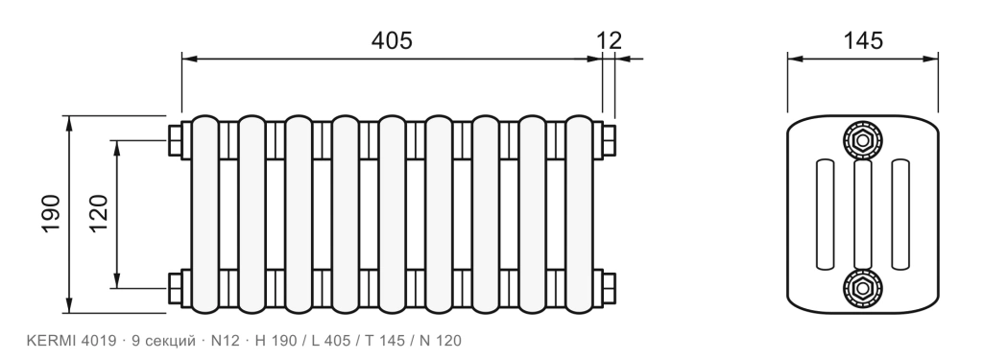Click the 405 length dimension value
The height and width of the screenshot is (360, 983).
pyautogui.click(x=392, y=40)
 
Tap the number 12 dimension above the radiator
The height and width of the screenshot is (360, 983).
pyautogui.click(x=609, y=40)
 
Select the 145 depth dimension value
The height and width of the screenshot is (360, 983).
pyautogui.click(x=863, y=40)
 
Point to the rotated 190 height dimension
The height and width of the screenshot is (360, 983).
pyautogui.click(x=51, y=214)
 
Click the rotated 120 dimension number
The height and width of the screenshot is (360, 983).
pyautogui.click(x=99, y=214)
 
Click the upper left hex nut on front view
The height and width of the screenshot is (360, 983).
pyautogui.click(x=175, y=140)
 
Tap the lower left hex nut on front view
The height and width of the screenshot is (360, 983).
pyautogui.click(x=175, y=288)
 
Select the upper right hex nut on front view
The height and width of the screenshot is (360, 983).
pyautogui.click(x=609, y=140)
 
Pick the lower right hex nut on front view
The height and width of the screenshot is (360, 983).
pyautogui.click(x=609, y=288)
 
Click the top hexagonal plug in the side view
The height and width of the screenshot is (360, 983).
pyautogui.click(x=863, y=140)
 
